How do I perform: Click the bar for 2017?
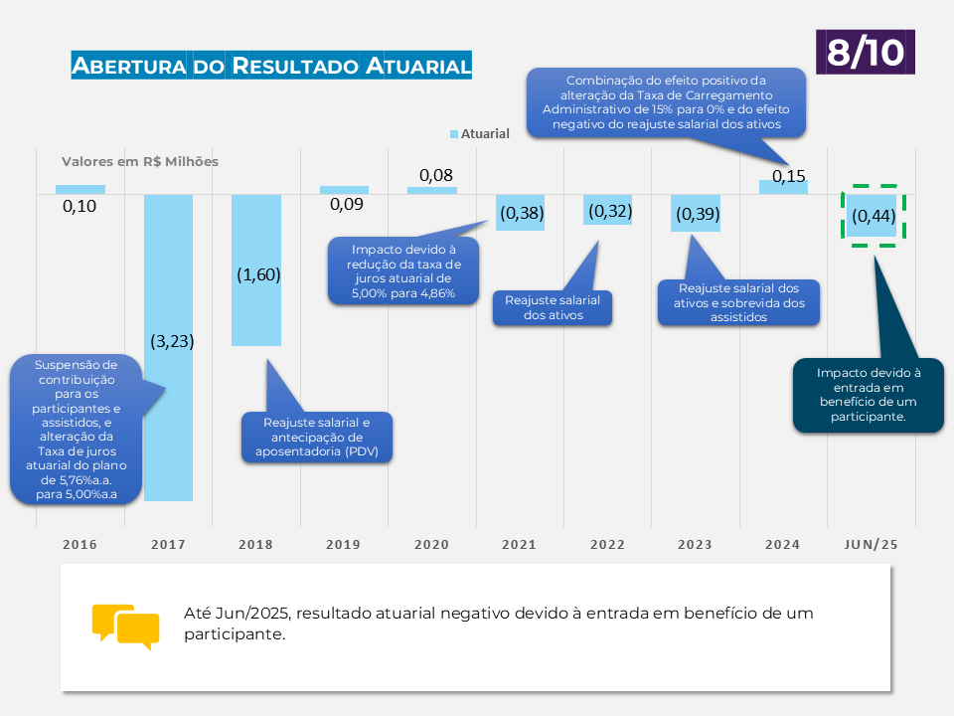coord(168,418)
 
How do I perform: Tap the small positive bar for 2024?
coord(783,187)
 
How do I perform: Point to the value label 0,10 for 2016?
coord(79,206)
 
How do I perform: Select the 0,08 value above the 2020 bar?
coord(435,175)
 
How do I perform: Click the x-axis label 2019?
coord(344,545)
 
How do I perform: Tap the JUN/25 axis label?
coord(871,545)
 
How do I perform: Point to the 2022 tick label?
coord(607,545)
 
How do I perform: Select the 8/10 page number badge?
coord(865,52)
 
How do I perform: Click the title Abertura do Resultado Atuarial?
coord(271,67)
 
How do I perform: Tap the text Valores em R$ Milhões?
coord(140,161)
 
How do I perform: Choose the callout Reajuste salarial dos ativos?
coord(553,307)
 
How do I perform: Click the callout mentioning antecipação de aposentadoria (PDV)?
coord(318,437)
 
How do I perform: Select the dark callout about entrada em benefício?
coord(868,395)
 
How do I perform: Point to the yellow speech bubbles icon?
coord(125,626)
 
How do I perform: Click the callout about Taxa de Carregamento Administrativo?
coord(666,102)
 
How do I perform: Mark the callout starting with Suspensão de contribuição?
coord(76,429)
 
